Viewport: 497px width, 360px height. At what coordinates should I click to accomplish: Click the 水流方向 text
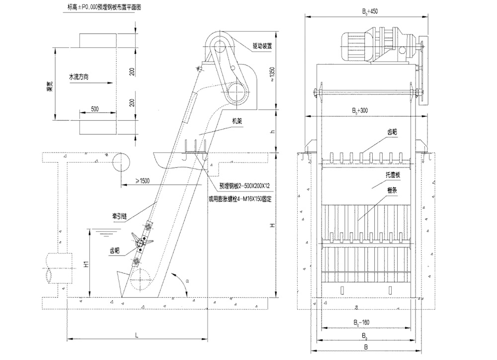pyautogui.click(x=82, y=77)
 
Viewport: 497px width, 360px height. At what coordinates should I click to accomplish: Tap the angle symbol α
pyautogui.click(x=187, y=280)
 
